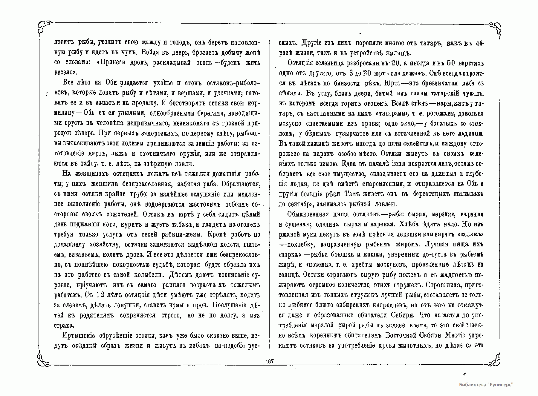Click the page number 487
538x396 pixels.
pyautogui.click(x=269, y=361)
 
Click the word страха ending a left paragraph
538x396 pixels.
pyautogui.click(x=64, y=325)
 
